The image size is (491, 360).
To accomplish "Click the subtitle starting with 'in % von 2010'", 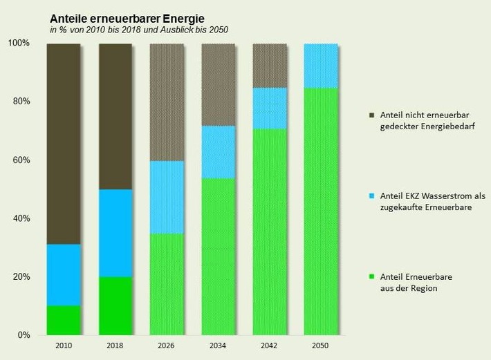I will pos(138,30).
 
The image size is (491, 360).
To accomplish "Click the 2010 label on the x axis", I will pos(64,345).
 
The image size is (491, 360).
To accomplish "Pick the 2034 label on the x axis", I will pos(218,345).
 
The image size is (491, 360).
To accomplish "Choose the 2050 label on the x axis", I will pos(321,345).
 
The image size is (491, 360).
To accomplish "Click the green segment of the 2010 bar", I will pos(64,320).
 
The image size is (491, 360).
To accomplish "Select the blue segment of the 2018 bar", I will pos(115,233).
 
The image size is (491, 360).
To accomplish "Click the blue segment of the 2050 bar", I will pos(321,66).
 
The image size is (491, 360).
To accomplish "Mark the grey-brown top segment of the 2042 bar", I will pos(269,66).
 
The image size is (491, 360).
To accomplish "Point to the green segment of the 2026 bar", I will pos(167,284).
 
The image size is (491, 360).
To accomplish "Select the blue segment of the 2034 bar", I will pos(218,152).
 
